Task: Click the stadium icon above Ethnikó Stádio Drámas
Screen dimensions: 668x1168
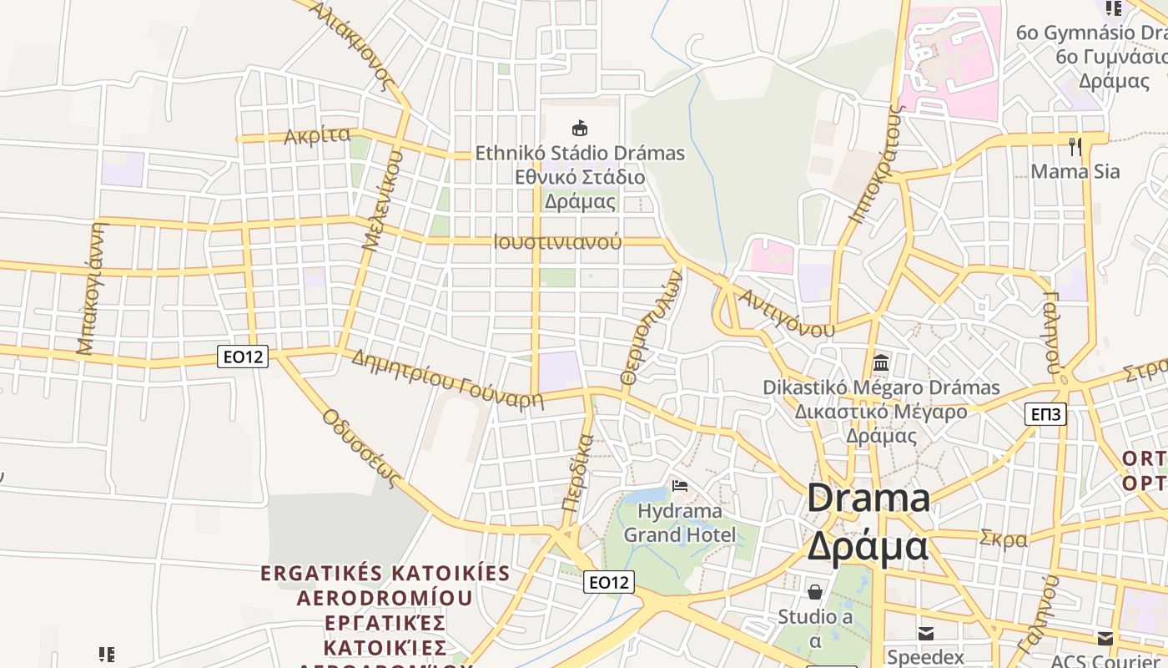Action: pos(579,128)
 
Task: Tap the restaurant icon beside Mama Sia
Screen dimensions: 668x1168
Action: pos(1075,147)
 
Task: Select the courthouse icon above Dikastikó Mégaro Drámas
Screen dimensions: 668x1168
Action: pos(881,362)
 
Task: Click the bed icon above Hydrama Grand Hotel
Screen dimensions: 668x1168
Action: pos(680,485)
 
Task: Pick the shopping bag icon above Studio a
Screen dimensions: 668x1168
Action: pos(815,591)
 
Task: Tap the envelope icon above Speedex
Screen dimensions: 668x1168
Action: pos(925,633)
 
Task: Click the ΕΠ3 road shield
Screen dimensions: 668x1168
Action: pos(1045,413)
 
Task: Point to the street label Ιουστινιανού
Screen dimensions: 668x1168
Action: pos(557,242)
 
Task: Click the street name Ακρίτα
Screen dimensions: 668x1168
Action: pos(317,135)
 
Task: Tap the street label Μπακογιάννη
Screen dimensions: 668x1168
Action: pos(93,288)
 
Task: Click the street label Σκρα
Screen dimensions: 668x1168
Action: pos(1004,539)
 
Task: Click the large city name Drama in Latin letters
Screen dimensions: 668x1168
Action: pos(868,498)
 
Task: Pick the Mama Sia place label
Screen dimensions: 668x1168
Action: pos(1075,171)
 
